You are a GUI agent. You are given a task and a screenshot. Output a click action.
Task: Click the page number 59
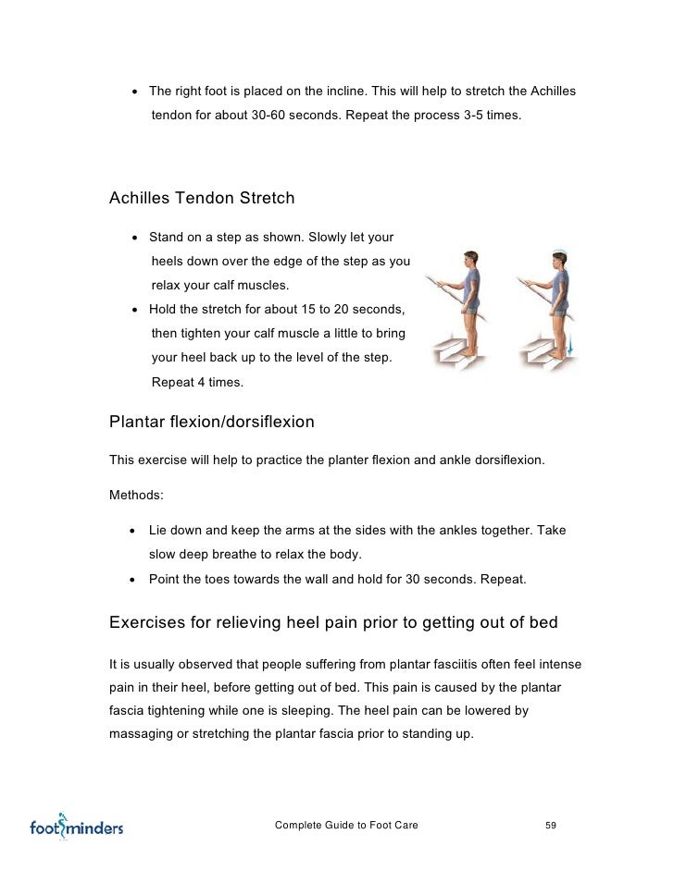point(551,825)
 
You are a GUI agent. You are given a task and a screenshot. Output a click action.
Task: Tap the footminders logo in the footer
point(76,826)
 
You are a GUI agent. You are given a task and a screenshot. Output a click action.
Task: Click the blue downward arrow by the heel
point(569,347)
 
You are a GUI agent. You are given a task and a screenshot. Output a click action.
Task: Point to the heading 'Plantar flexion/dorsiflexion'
point(212,423)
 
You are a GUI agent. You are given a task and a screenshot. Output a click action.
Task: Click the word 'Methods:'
point(136,495)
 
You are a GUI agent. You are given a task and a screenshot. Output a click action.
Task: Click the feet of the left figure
point(472,353)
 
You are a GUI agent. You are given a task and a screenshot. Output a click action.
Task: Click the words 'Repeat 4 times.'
point(197,382)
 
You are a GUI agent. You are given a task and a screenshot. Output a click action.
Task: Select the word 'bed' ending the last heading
point(543,622)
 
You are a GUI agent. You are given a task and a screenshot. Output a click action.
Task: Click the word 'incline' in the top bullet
point(377,92)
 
